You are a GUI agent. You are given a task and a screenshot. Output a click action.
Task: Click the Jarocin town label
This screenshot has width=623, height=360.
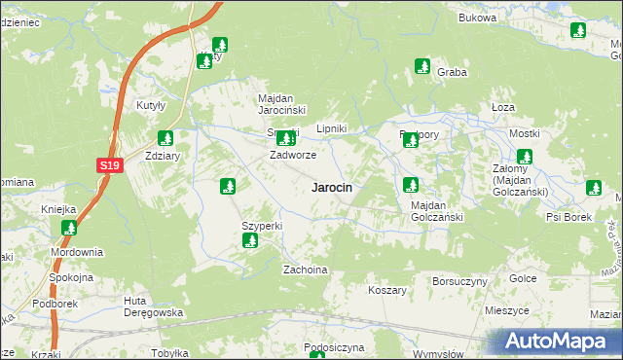point(331,187)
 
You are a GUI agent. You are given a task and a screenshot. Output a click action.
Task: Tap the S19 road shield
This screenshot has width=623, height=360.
point(109,166)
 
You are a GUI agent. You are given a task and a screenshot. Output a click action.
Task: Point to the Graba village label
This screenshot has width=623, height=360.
point(452,72)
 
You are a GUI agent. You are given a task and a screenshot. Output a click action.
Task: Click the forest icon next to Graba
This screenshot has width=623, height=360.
point(422,67)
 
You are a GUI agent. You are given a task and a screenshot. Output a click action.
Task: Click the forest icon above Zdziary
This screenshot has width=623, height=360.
point(165,137)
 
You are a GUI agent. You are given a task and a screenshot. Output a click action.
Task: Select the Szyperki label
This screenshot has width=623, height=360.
point(262,226)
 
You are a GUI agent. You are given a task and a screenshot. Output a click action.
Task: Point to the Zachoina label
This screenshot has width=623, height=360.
point(304,269)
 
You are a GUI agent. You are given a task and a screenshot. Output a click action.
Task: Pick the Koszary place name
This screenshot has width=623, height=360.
point(386,290)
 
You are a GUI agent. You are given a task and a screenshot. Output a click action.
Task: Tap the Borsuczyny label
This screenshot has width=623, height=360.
point(459,281)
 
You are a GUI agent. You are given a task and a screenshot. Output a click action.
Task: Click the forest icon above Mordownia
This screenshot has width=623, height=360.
point(69,229)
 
